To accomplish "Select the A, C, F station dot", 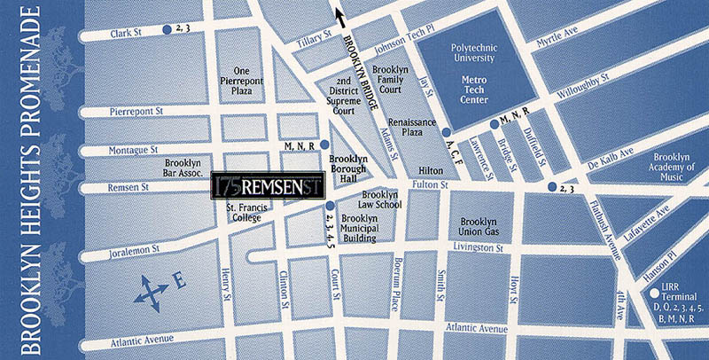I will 445,133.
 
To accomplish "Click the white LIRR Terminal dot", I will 653,293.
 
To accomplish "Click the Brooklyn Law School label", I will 380,200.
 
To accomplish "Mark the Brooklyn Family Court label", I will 391,80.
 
